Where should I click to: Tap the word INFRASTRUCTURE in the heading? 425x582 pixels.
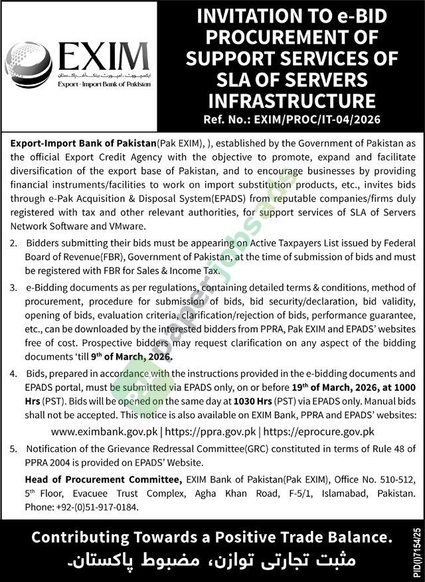[x=292, y=101]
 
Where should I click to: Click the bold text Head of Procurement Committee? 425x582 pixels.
[x=102, y=480]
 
